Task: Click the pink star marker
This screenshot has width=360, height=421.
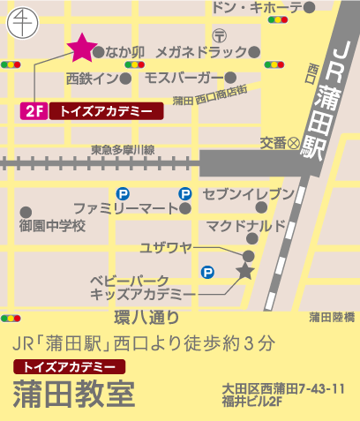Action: (x=81, y=45)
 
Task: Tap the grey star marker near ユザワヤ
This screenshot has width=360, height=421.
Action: (x=245, y=272)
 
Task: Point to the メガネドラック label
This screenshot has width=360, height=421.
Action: (x=201, y=51)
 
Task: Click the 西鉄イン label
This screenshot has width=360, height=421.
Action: (x=92, y=76)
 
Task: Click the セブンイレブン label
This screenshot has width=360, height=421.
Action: (x=247, y=193)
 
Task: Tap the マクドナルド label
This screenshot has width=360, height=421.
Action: (x=246, y=226)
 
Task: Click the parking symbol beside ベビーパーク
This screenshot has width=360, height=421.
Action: (x=207, y=273)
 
